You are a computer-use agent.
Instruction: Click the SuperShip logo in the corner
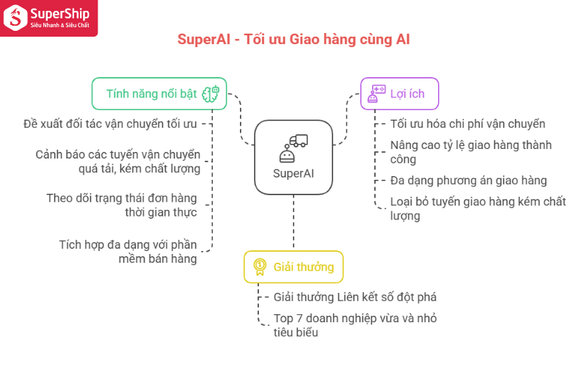click(48, 18)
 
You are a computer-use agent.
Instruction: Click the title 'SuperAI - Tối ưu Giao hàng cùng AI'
click(293, 40)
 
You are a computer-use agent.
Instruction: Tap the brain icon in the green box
click(211, 94)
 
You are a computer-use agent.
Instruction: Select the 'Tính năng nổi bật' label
click(151, 94)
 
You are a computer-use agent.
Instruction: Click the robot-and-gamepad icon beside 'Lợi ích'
click(376, 94)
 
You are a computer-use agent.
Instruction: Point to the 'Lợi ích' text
click(407, 94)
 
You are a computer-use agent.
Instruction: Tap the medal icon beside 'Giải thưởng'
click(260, 267)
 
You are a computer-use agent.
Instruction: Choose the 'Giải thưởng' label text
click(304, 267)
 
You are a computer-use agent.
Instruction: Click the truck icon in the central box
click(299, 141)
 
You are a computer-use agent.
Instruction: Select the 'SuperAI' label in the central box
click(293, 173)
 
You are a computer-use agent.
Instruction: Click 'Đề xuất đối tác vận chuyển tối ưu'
click(110, 123)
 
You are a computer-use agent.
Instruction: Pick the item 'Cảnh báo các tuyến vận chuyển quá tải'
click(118, 161)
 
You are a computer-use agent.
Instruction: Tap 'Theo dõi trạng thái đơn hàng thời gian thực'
click(122, 205)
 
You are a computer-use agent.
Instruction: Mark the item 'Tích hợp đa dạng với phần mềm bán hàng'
click(128, 252)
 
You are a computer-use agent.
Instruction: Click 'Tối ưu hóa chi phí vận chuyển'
click(467, 123)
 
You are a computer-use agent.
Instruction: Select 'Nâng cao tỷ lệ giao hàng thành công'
click(471, 152)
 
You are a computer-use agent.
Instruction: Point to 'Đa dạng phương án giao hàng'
click(468, 181)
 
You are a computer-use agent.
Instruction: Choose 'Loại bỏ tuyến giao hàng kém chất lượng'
click(478, 208)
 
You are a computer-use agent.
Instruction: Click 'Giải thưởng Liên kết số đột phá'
click(355, 297)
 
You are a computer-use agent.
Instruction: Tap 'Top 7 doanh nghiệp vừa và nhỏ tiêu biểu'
click(355, 325)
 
